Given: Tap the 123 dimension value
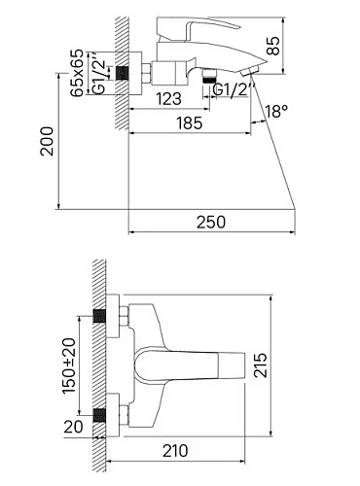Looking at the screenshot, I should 168,97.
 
